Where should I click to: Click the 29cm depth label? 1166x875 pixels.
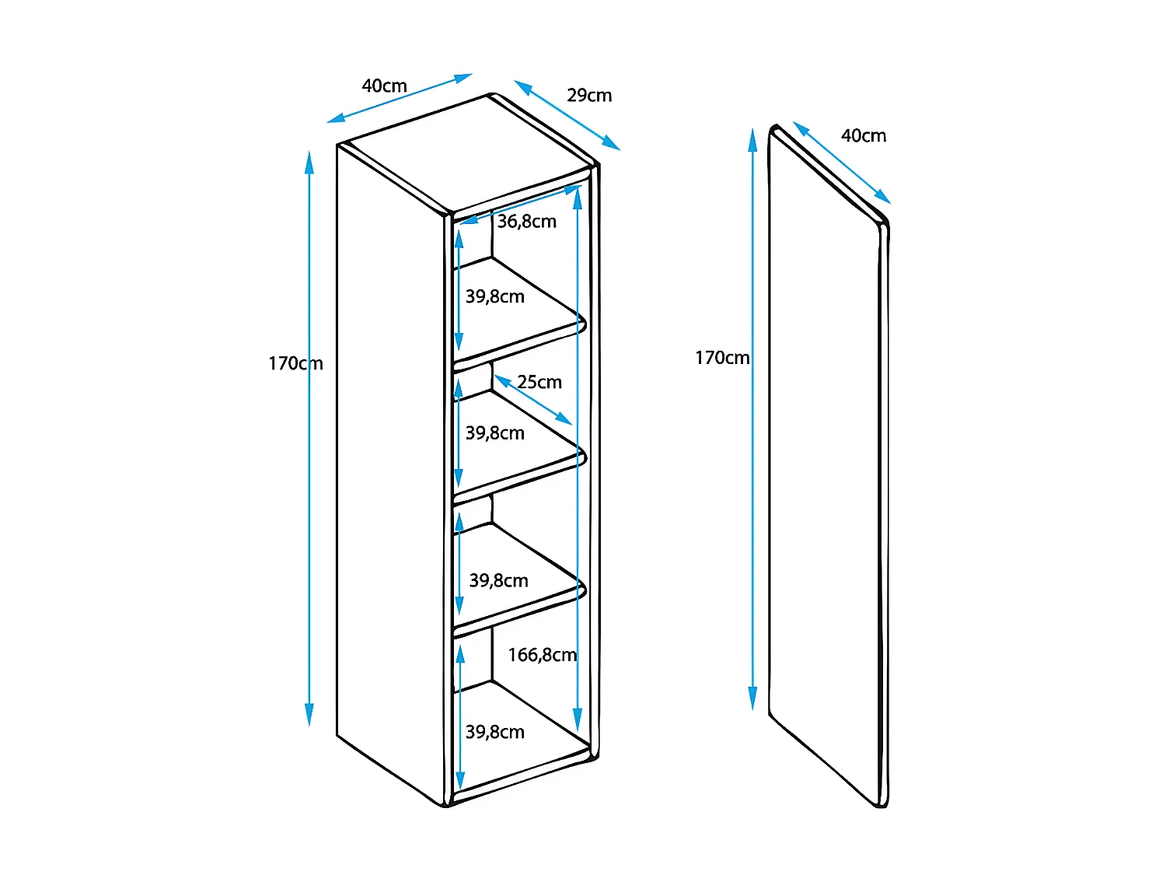point(589,96)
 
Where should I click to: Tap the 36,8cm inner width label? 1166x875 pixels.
point(527,222)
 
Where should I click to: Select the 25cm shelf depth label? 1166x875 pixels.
point(539,382)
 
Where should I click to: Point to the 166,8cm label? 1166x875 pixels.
point(543,655)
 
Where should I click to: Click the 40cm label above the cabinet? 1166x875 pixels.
point(384,86)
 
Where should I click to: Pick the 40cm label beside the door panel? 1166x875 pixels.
point(863,136)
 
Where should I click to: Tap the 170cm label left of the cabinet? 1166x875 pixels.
point(295,363)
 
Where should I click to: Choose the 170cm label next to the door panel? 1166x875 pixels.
point(722,358)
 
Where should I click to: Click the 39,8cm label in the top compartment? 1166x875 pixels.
point(495,296)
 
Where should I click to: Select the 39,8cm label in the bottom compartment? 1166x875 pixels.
point(495,732)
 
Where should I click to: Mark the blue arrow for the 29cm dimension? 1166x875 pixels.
point(567,114)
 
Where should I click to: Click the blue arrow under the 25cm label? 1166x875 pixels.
point(533,401)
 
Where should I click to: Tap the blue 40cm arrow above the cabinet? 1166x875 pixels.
point(400,98)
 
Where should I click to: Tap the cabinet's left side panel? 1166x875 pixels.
point(389,467)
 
